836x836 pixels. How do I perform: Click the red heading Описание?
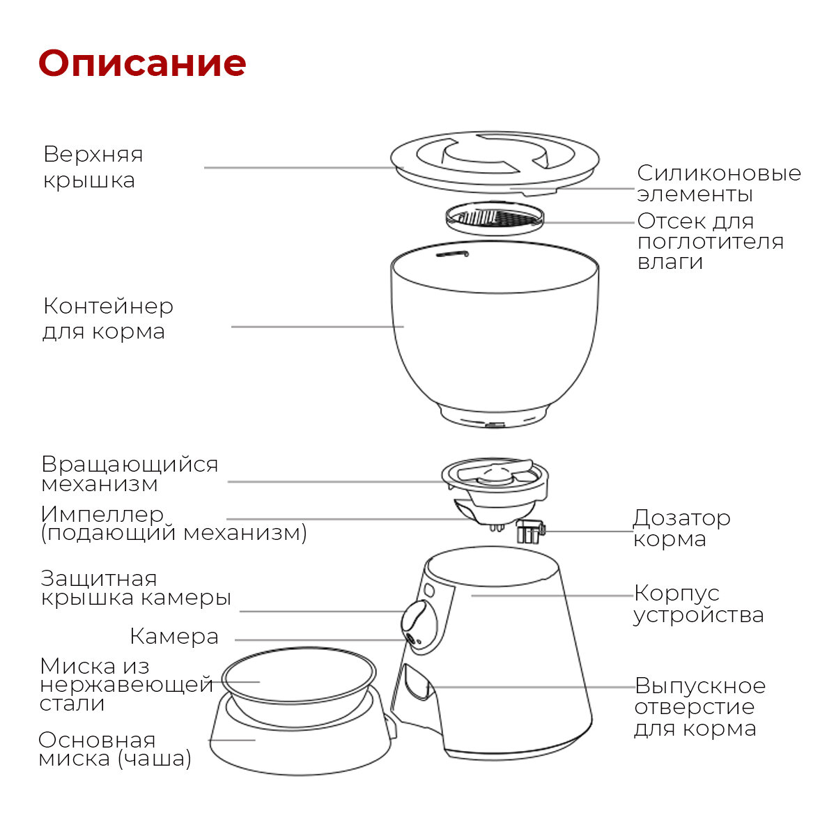pyautogui.click(x=142, y=63)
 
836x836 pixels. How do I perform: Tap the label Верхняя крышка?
pyautogui.click(x=93, y=167)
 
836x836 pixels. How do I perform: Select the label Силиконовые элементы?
pyautogui.click(x=718, y=183)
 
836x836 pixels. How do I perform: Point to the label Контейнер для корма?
pyautogui.click(x=108, y=318)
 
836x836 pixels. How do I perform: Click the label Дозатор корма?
pyautogui.click(x=681, y=528)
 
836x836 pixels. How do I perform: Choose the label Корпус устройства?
pyautogui.click(x=698, y=604)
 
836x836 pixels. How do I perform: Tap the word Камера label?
pyautogui.click(x=174, y=637)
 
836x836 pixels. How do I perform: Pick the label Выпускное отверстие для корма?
pyautogui.click(x=699, y=707)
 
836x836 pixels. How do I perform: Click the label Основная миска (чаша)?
pyautogui.click(x=115, y=749)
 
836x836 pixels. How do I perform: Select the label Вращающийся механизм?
pyautogui.click(x=130, y=474)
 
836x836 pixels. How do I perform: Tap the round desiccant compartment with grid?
pyautogui.click(x=495, y=219)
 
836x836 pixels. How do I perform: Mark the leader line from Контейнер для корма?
pyautogui.click(x=317, y=326)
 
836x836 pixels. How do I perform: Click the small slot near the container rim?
pyautogui.click(x=451, y=254)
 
